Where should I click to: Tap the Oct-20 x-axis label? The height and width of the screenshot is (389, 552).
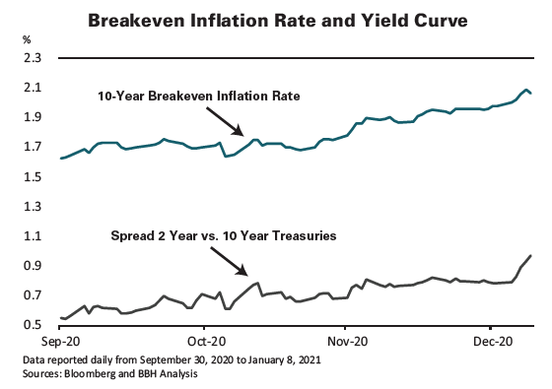tap(204, 340)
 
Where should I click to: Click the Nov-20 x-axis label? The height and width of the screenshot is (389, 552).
tap(346, 340)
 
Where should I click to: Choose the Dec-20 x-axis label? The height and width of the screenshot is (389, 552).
tap(491, 340)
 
